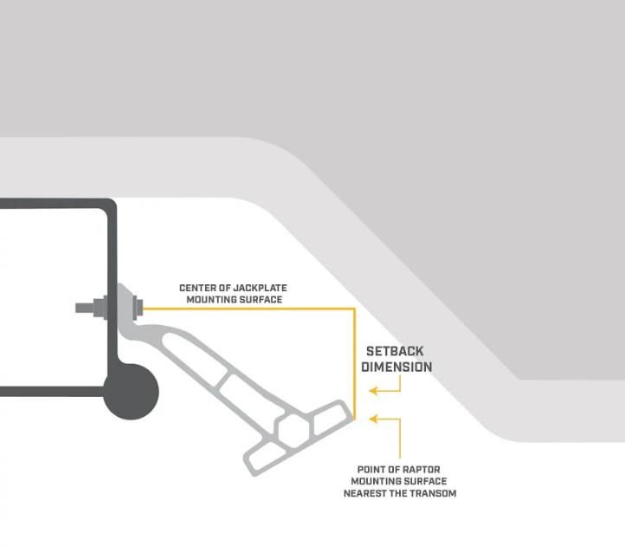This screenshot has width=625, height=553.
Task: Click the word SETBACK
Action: coord(395,352)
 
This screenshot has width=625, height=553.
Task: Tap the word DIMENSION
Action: coord(396,367)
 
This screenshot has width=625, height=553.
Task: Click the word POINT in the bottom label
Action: coord(374,470)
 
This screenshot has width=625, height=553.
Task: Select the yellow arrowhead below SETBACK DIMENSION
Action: coord(374,391)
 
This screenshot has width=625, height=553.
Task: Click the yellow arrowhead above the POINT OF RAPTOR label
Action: coord(374,420)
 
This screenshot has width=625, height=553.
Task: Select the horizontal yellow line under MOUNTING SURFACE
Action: coord(251,309)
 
